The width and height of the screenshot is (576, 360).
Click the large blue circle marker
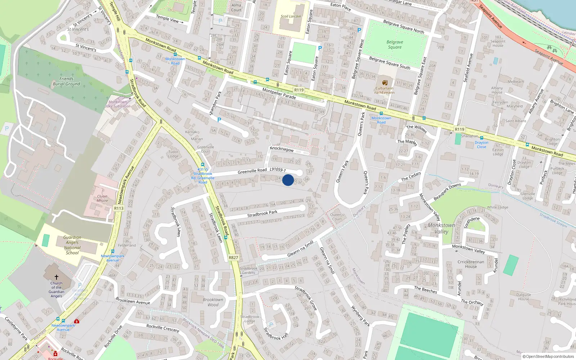(x=288, y=180)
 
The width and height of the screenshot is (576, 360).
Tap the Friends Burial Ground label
(x=67, y=81)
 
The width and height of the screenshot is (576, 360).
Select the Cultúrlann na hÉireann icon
(x=385, y=83)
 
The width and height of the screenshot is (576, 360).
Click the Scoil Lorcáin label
(x=291, y=16)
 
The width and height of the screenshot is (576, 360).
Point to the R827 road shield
(x=233, y=257)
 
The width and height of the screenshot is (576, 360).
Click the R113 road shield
(x=119, y=208)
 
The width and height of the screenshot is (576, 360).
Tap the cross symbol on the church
(x=57, y=277)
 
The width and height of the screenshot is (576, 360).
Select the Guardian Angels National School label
(x=72, y=245)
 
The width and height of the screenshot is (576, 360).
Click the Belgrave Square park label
(x=395, y=45)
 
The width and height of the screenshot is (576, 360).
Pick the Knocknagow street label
(x=282, y=149)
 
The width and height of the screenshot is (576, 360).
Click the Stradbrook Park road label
(x=262, y=214)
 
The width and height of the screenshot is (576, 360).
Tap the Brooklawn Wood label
(x=213, y=302)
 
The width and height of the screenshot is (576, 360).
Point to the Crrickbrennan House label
(x=471, y=264)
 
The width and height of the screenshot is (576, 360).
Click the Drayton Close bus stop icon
(x=481, y=138)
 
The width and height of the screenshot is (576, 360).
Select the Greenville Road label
(x=252, y=171)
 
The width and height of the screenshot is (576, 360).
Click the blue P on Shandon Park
(x=219, y=120)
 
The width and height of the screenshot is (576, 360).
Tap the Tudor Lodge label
(x=173, y=154)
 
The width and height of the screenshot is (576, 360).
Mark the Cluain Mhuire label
(x=102, y=198)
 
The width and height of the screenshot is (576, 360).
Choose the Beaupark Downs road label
(x=447, y=192)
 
